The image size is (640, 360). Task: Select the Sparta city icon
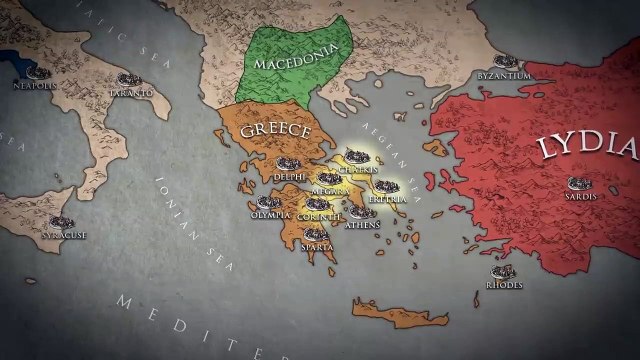pyautogui.click(x=315, y=234)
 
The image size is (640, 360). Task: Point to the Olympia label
pyautogui.click(x=270, y=214)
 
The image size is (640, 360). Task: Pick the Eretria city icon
pyautogui.click(x=386, y=186)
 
